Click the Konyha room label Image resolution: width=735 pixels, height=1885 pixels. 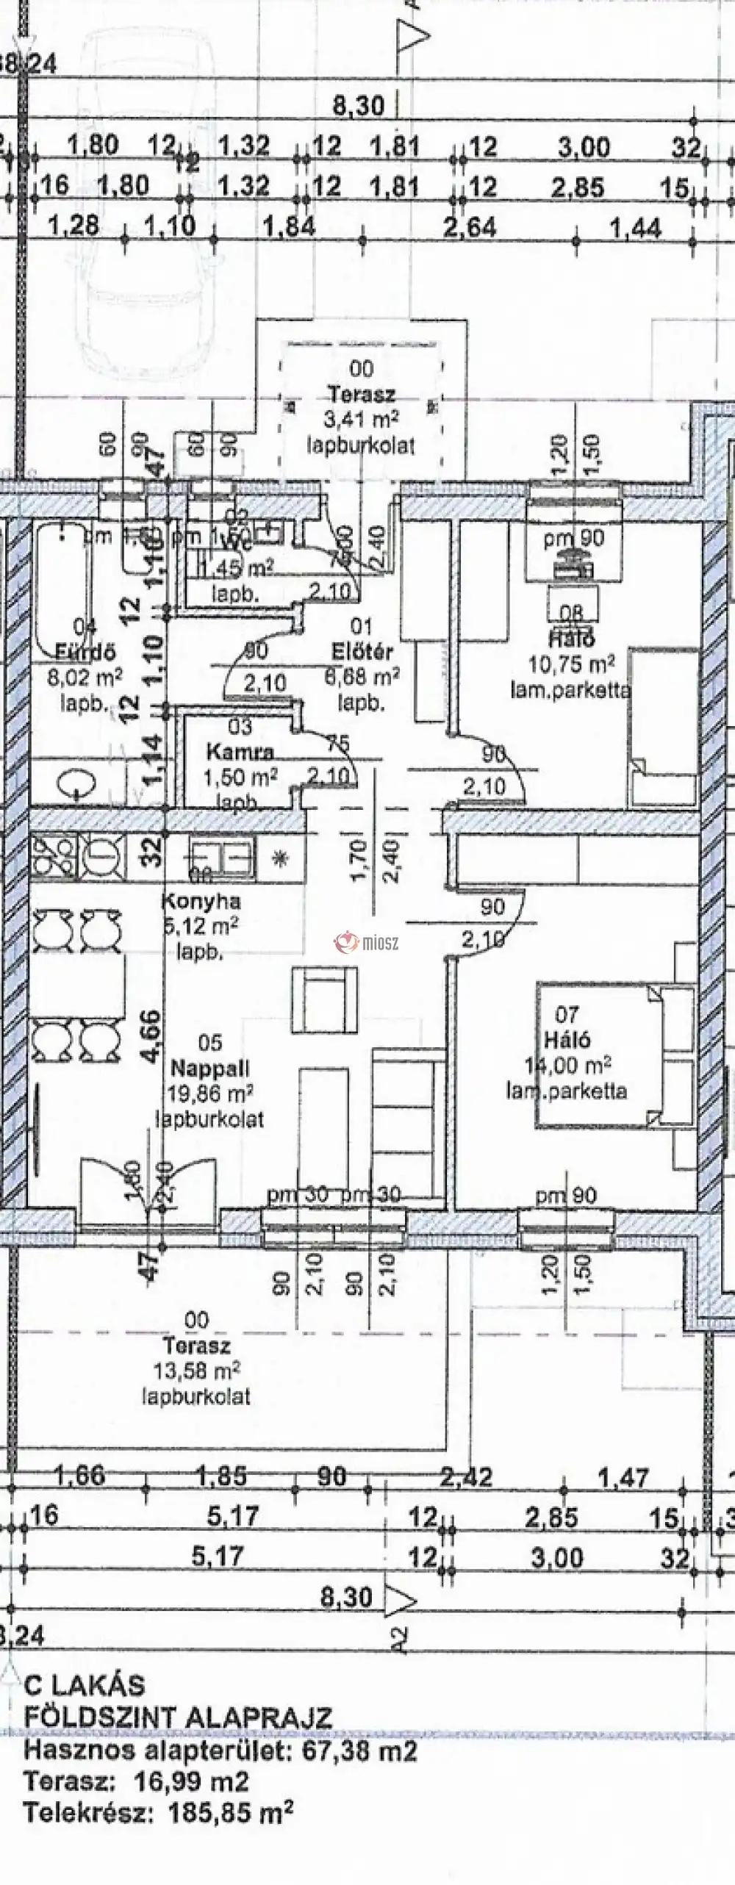coord(201,901)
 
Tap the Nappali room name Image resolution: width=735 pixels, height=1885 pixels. coord(209,1067)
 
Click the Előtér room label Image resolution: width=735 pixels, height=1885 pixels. coord(362,651)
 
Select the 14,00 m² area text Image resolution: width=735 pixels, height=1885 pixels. coord(569,1065)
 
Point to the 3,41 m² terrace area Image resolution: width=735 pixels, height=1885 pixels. coord(361,420)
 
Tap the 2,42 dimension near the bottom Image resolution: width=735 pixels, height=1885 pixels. coord(467,1476)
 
